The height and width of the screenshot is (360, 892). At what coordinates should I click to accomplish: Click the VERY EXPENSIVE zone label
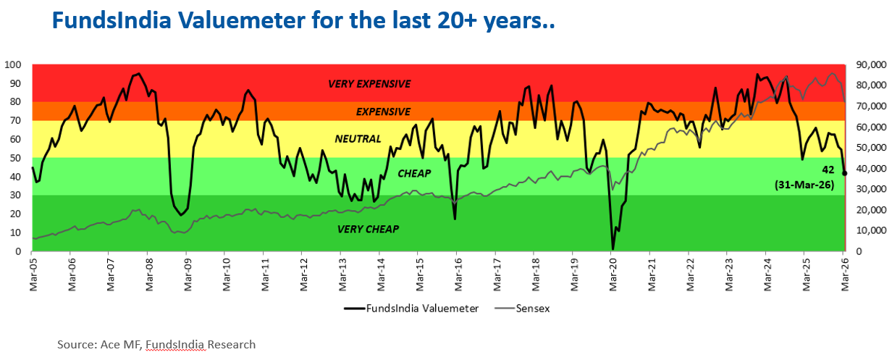(x=369, y=84)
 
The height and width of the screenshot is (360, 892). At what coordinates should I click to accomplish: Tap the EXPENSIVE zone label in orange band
(x=383, y=112)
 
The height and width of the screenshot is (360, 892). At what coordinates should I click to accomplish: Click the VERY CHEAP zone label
(x=369, y=230)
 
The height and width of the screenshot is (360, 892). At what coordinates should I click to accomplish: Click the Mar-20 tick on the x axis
(x=613, y=269)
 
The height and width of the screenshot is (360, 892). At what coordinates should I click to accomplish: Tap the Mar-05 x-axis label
(x=33, y=269)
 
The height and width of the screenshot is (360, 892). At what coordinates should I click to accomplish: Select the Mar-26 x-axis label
(x=844, y=269)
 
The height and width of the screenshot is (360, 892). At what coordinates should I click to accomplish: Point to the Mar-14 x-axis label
(x=381, y=269)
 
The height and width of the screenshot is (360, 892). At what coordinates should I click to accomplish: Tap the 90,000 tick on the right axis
(x=868, y=64)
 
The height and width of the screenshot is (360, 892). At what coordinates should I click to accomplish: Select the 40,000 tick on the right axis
(x=868, y=169)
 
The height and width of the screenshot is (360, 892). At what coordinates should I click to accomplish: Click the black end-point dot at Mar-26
(x=845, y=173)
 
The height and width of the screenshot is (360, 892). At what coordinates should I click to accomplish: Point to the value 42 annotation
(x=828, y=169)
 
